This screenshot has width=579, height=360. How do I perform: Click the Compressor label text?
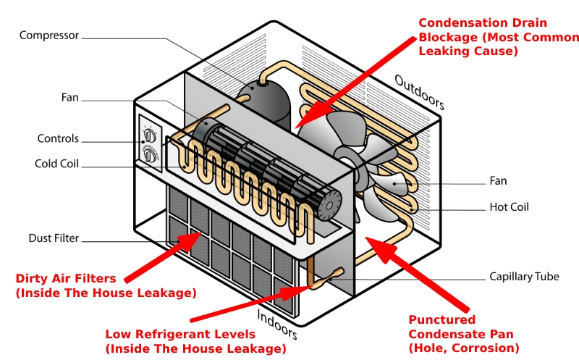point(48,35)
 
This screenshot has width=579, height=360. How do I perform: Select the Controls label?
point(59,138)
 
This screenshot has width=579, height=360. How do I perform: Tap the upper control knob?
point(150,135)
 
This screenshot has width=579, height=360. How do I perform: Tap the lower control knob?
point(151,155)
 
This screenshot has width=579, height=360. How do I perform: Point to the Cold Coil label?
point(56,164)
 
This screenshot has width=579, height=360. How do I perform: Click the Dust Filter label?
point(54,238)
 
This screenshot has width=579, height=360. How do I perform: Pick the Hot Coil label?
point(510,207)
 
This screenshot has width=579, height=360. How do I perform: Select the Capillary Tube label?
point(524,276)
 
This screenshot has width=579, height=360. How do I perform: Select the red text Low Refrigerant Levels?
point(180,334)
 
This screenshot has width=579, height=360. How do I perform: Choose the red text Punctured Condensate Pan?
point(442,319)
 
